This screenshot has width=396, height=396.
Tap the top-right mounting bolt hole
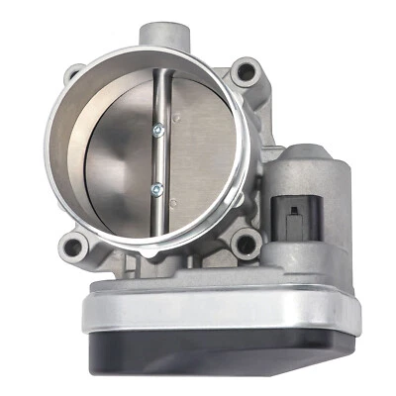[247, 71]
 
